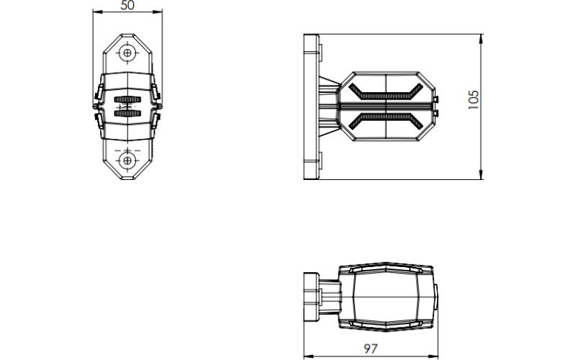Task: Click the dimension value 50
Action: click(x=127, y=5)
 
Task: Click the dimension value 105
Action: click(x=474, y=99)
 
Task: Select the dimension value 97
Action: click(x=371, y=348)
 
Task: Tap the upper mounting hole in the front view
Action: click(x=127, y=53)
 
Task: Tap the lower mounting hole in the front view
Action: click(x=127, y=161)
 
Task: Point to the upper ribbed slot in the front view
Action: click(x=127, y=99)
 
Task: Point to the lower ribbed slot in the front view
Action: click(x=127, y=113)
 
